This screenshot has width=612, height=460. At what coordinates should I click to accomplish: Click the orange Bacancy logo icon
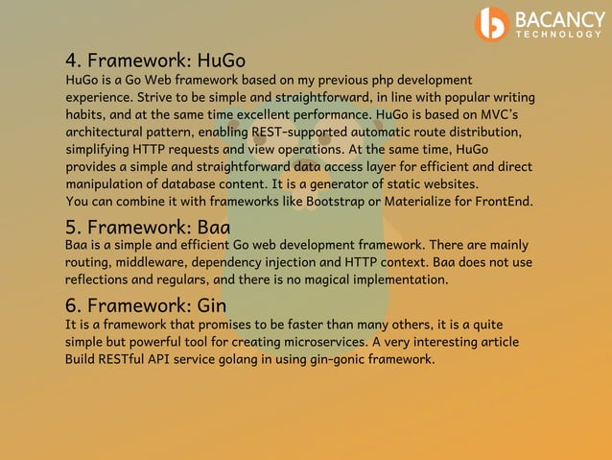(x=492, y=24)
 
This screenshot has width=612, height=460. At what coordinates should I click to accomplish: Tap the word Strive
(x=156, y=98)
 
